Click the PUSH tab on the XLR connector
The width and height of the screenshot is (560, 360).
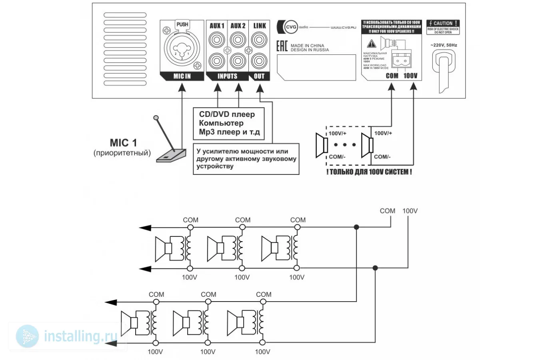coord(182,25)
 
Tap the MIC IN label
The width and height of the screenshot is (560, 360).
coord(182,76)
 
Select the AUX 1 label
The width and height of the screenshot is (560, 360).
coord(217,26)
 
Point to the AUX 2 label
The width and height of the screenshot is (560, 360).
coord(238,26)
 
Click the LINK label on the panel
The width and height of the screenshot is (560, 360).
coord(259,26)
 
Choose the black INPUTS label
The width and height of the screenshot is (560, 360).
coord(227,76)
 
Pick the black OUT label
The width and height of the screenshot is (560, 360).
coord(259,76)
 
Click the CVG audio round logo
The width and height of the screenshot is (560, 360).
coord(291,27)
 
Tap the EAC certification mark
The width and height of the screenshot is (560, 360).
coord(282,46)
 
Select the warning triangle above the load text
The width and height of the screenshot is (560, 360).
coord(372,44)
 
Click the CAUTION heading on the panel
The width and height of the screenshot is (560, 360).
coord(443,24)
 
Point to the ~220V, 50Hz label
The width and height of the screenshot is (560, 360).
coord(444,45)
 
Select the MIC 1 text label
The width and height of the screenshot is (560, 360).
coord(123,143)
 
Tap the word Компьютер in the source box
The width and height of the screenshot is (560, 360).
coord(221,123)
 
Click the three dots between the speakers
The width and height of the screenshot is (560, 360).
coord(344,145)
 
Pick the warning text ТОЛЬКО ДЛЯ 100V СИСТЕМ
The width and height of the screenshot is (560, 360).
coord(369,172)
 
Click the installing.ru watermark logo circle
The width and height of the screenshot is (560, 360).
coord(28,336)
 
